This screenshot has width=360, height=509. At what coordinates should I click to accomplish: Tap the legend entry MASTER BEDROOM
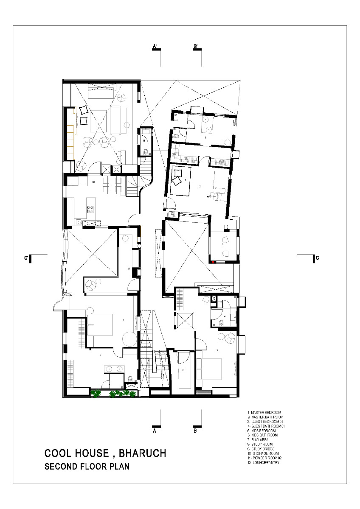[x=266, y=412]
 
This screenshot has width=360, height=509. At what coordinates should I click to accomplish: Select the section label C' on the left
[x=26, y=258]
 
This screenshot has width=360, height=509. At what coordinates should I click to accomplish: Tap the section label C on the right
[x=318, y=258]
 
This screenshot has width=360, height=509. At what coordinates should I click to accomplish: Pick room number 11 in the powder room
[x=144, y=140]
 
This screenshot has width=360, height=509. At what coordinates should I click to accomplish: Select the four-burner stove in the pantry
[x=90, y=209]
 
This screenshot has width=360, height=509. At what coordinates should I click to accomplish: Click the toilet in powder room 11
[x=146, y=151]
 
